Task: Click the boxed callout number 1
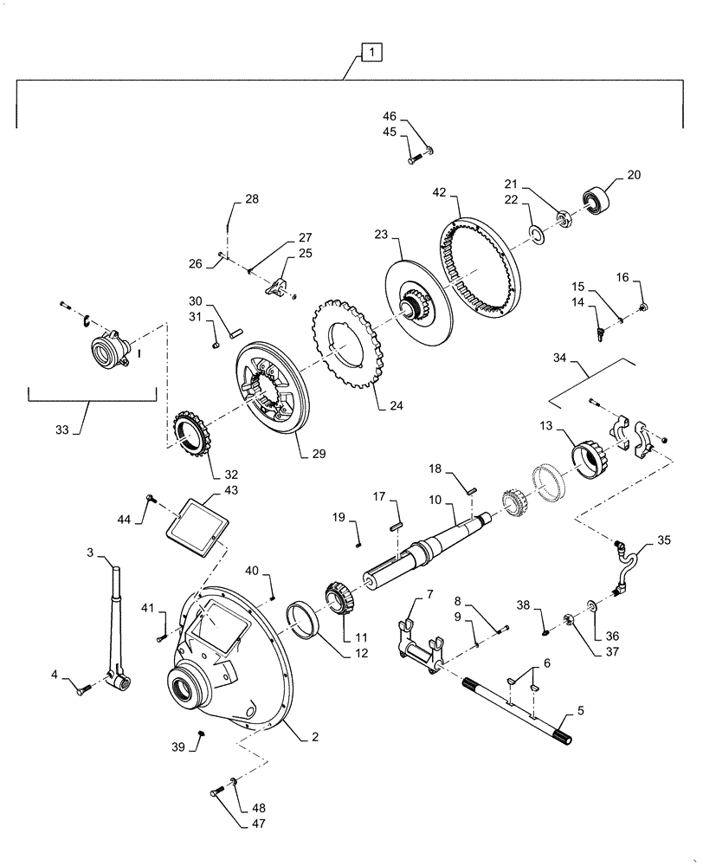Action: pyautogui.click(x=371, y=54)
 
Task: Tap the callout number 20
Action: pyautogui.click(x=634, y=174)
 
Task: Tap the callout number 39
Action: pyautogui.click(x=178, y=746)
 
